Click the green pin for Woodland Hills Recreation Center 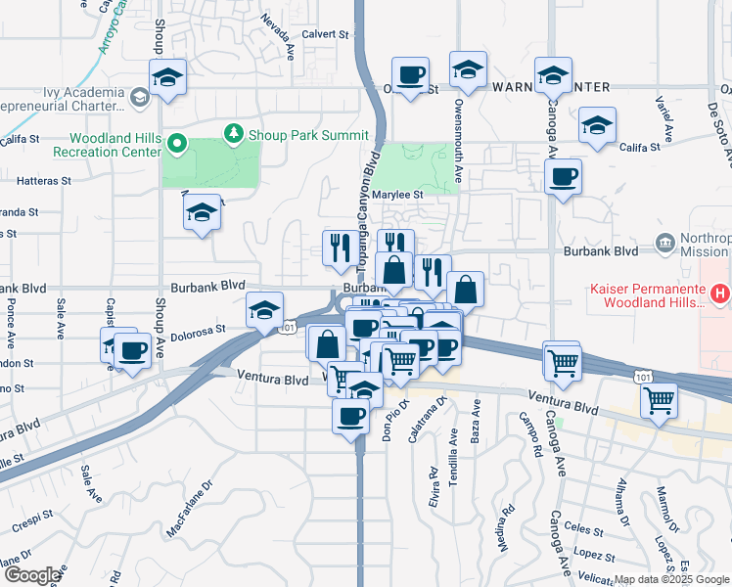click(177, 144)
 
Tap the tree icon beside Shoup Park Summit click(234, 133)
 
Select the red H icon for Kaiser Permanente click(720, 292)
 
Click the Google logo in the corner click(32, 575)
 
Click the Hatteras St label click(46, 180)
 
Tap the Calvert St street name click(325, 33)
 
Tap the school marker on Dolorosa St click(264, 310)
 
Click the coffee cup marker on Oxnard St click(410, 73)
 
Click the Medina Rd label click(506, 525)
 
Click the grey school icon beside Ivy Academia click(140, 96)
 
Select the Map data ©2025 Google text click(671, 579)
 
